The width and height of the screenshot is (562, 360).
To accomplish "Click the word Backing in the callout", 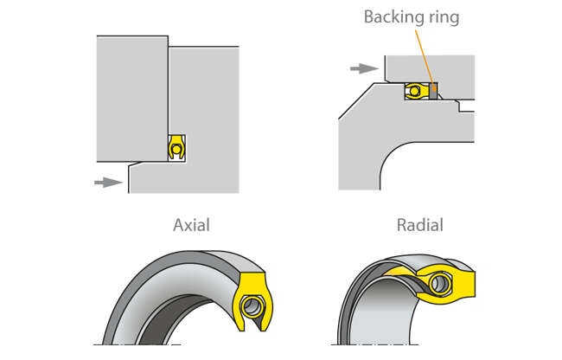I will coord(391,17).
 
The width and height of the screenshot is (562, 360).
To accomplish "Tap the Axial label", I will coord(191,226).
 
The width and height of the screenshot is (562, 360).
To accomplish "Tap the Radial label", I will coord(419,226).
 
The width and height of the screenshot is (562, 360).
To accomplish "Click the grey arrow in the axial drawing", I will coord(107,182).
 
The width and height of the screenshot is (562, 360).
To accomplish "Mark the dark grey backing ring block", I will coord(432,90).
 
